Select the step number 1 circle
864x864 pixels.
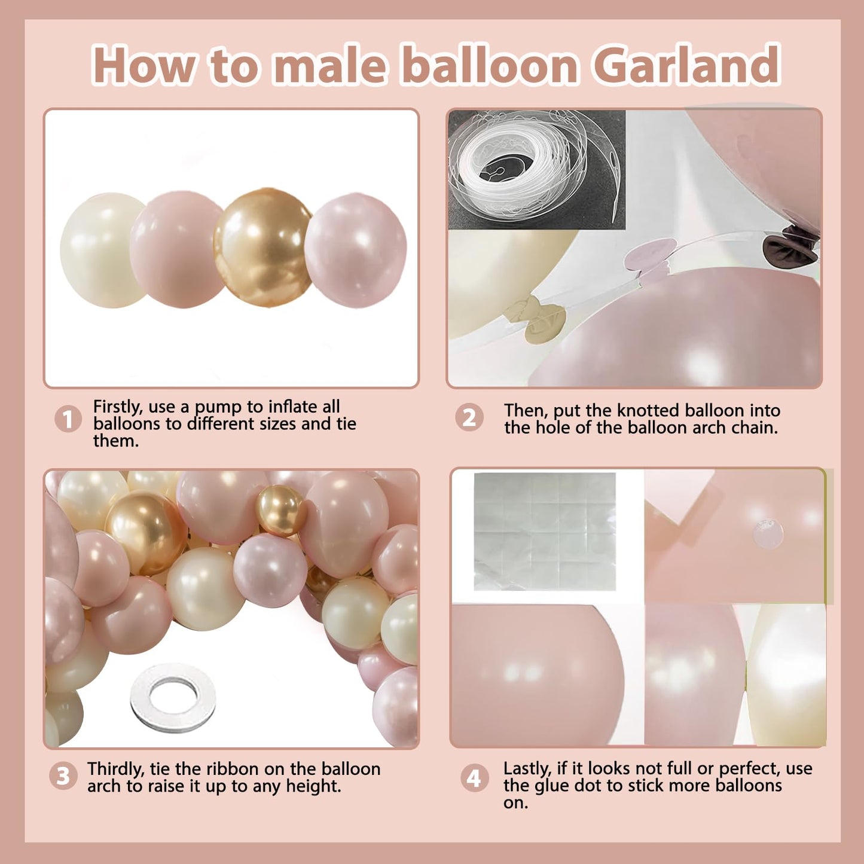[x=68, y=419]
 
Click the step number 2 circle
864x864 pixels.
[x=469, y=418]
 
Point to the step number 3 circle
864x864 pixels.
[x=63, y=776]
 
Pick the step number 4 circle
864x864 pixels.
[x=474, y=778]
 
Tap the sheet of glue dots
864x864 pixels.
[x=545, y=532]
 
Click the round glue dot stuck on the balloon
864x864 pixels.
[x=768, y=533]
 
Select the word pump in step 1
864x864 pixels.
[x=218, y=408]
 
